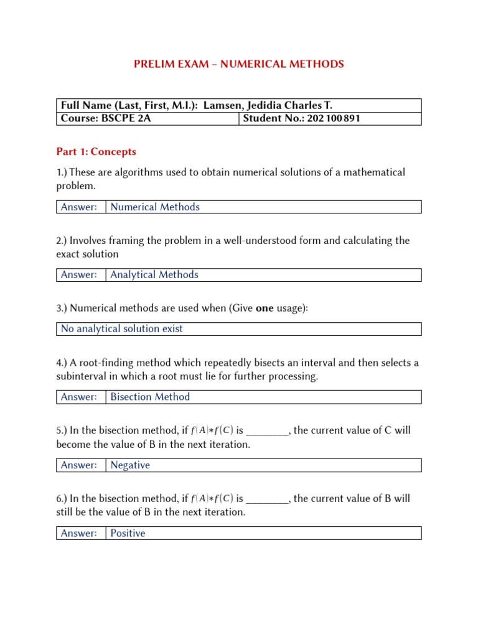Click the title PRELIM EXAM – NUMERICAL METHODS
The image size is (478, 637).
(239, 64)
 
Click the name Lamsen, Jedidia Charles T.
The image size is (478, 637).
(271, 105)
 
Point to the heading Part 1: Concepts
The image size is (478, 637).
(96, 152)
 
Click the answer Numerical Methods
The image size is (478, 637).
(155, 207)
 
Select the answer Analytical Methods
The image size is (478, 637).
(154, 274)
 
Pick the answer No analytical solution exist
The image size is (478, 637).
(122, 328)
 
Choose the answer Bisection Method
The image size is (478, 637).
(150, 397)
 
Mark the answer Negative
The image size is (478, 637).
(130, 465)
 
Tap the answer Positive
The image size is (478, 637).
(128, 533)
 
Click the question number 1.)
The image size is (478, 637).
(62, 172)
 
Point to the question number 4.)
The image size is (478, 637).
(62, 363)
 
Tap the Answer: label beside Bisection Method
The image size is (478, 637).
(79, 397)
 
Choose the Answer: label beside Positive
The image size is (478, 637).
(79, 533)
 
